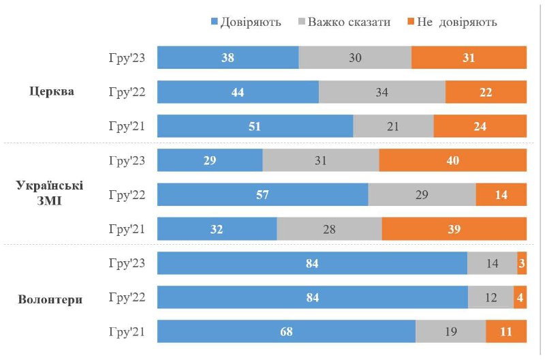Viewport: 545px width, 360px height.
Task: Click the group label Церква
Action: pyautogui.click(x=52, y=92)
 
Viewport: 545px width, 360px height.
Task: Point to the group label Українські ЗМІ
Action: pyautogui.click(x=52, y=194)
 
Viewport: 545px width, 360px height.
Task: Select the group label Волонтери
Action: pyautogui.click(x=52, y=298)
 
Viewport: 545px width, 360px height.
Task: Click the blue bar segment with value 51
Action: pyautogui.click(x=255, y=126)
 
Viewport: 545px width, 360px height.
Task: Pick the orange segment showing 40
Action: pyautogui.click(x=452, y=160)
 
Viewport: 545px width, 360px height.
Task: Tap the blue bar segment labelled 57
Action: pyautogui.click(x=262, y=194)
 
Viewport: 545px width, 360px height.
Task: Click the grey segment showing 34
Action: pyautogui.click(x=382, y=92)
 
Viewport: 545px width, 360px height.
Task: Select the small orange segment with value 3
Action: pyautogui.click(x=522, y=263)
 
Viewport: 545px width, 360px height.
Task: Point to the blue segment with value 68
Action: pyautogui.click(x=286, y=332)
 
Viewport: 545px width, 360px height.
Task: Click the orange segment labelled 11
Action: pyautogui.click(x=505, y=332)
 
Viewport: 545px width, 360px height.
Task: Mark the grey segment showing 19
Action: pyautogui.click(x=450, y=332)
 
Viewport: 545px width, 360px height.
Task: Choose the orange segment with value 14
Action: pyautogui.click(x=501, y=194)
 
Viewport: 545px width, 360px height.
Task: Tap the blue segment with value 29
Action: pyautogui.click(x=210, y=160)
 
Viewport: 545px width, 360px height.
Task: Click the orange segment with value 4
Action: pyautogui.click(x=520, y=298)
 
